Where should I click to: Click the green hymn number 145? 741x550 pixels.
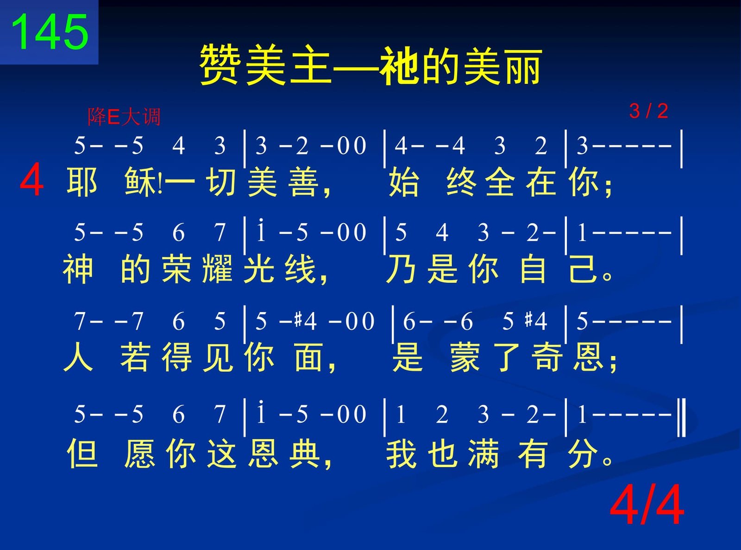50,32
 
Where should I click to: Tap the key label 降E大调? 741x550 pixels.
124,117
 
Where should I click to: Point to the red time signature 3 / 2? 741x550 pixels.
648,111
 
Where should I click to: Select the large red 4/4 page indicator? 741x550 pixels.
647,505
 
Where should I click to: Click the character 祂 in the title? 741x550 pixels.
399,65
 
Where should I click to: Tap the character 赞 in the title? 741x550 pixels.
220,65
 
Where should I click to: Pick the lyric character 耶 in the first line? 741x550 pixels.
82,182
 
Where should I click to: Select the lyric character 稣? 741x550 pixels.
140,182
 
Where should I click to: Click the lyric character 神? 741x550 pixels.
78,269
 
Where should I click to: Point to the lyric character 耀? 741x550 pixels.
218,269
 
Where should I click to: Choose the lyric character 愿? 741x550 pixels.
140,454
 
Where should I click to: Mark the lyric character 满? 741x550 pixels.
483,454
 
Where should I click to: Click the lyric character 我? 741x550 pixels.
402,454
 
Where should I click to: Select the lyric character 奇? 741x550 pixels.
547,357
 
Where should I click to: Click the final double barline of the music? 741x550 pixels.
682,418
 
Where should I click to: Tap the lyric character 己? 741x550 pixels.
584,269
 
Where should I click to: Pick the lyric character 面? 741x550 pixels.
308,357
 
